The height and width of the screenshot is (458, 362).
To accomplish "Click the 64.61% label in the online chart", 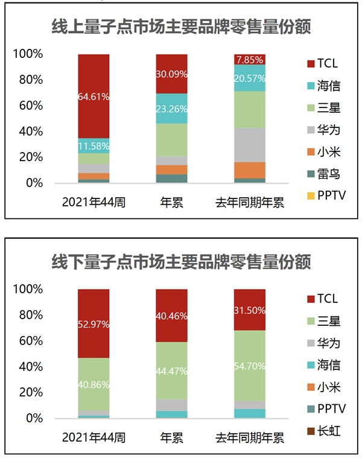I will click(x=94, y=95).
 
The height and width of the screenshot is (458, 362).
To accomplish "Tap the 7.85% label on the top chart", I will click(x=250, y=60).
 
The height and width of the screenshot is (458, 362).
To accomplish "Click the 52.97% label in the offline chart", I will click(x=94, y=324).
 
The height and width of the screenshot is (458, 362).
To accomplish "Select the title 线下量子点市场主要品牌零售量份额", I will click(x=181, y=261).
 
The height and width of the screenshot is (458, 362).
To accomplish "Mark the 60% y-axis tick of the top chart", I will click(x=28, y=106).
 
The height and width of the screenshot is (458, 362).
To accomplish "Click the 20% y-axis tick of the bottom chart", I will click(x=28, y=392).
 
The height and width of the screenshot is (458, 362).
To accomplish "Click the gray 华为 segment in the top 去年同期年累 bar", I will click(x=250, y=144).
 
